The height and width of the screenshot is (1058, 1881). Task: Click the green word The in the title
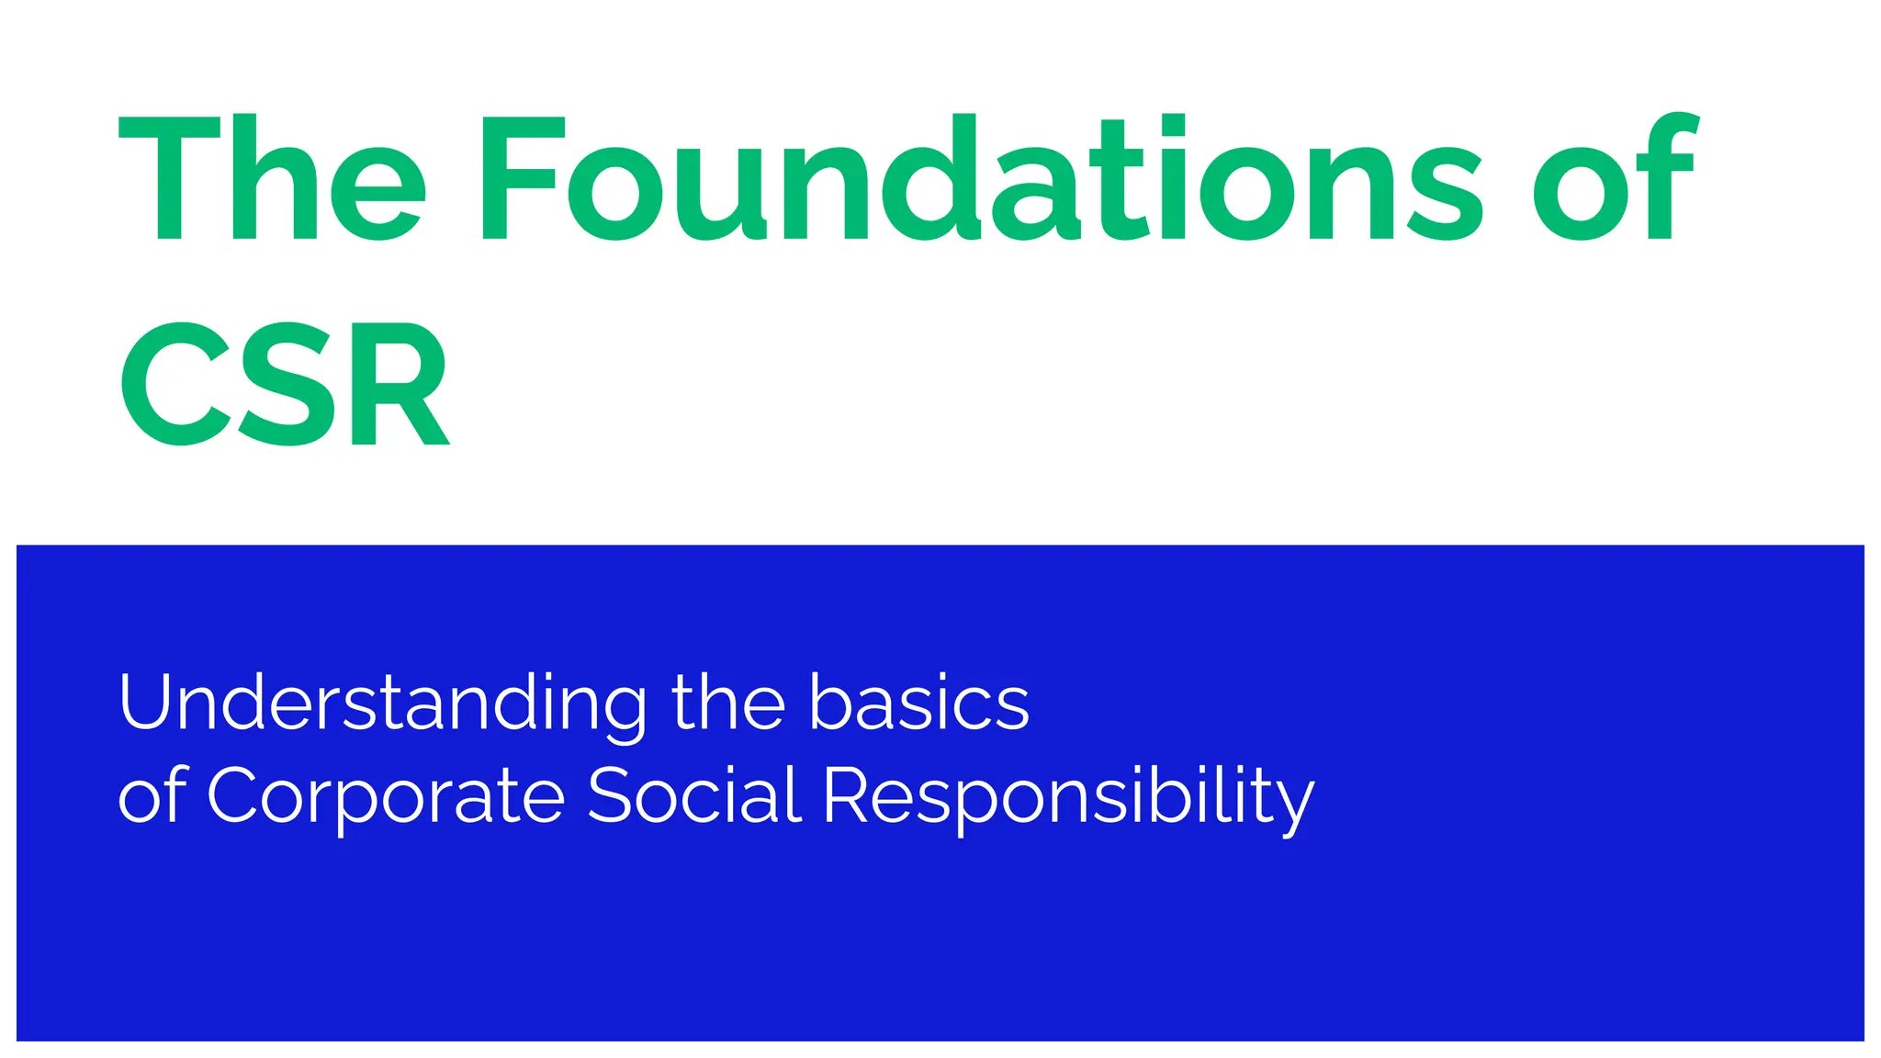coord(272,178)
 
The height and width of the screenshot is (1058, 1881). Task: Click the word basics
coord(919,703)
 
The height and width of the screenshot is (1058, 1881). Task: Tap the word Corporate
coord(386,795)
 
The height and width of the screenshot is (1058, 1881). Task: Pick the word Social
coord(694,795)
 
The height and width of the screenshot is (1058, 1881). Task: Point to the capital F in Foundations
coord(518,178)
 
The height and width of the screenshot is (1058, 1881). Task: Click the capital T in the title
coord(171,178)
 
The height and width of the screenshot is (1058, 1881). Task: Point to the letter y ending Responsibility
coord(1295,803)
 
